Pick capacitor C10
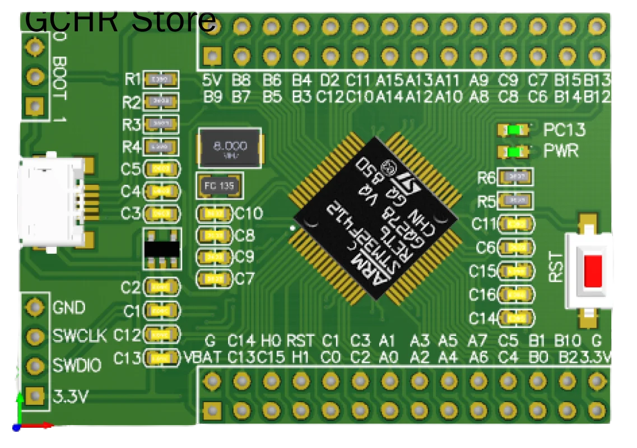[214, 213]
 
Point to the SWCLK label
[80, 336]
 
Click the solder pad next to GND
[35, 307]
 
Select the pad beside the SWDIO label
[35, 366]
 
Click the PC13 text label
[564, 130]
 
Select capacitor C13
[162, 357]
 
